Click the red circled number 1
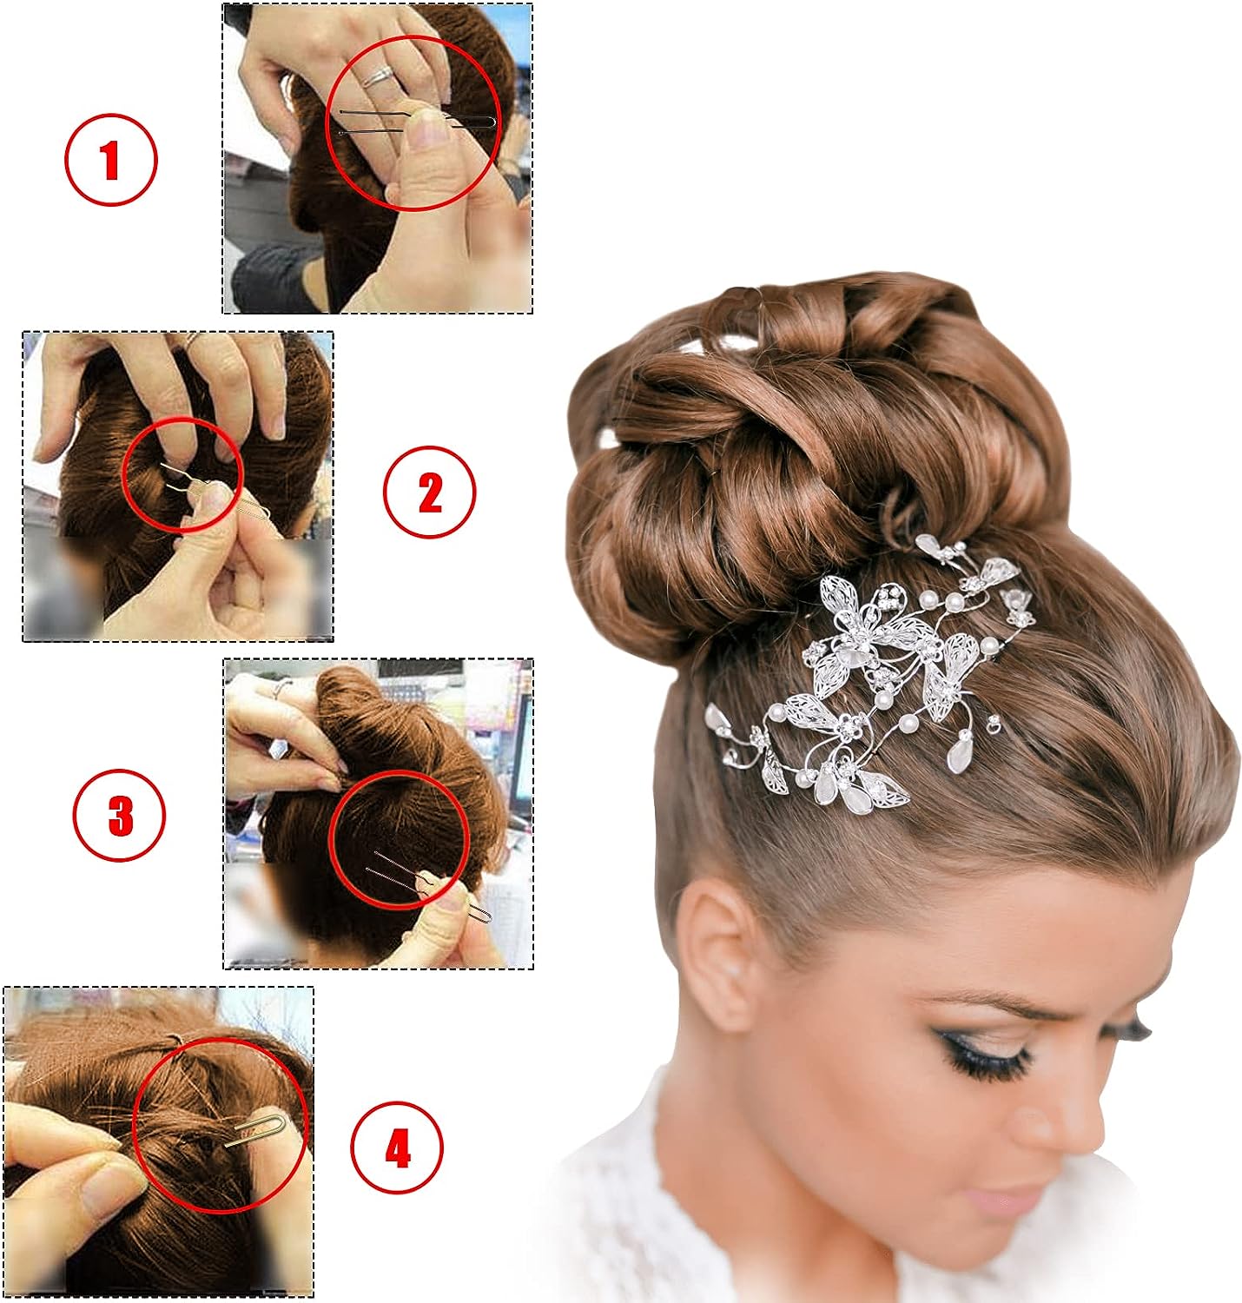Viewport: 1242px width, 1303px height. point(111,161)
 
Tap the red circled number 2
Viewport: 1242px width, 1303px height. point(430,491)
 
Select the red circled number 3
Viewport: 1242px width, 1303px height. point(119,816)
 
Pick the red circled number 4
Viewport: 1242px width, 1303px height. point(397,1148)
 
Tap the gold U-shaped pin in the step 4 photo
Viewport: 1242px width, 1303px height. point(258,1128)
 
